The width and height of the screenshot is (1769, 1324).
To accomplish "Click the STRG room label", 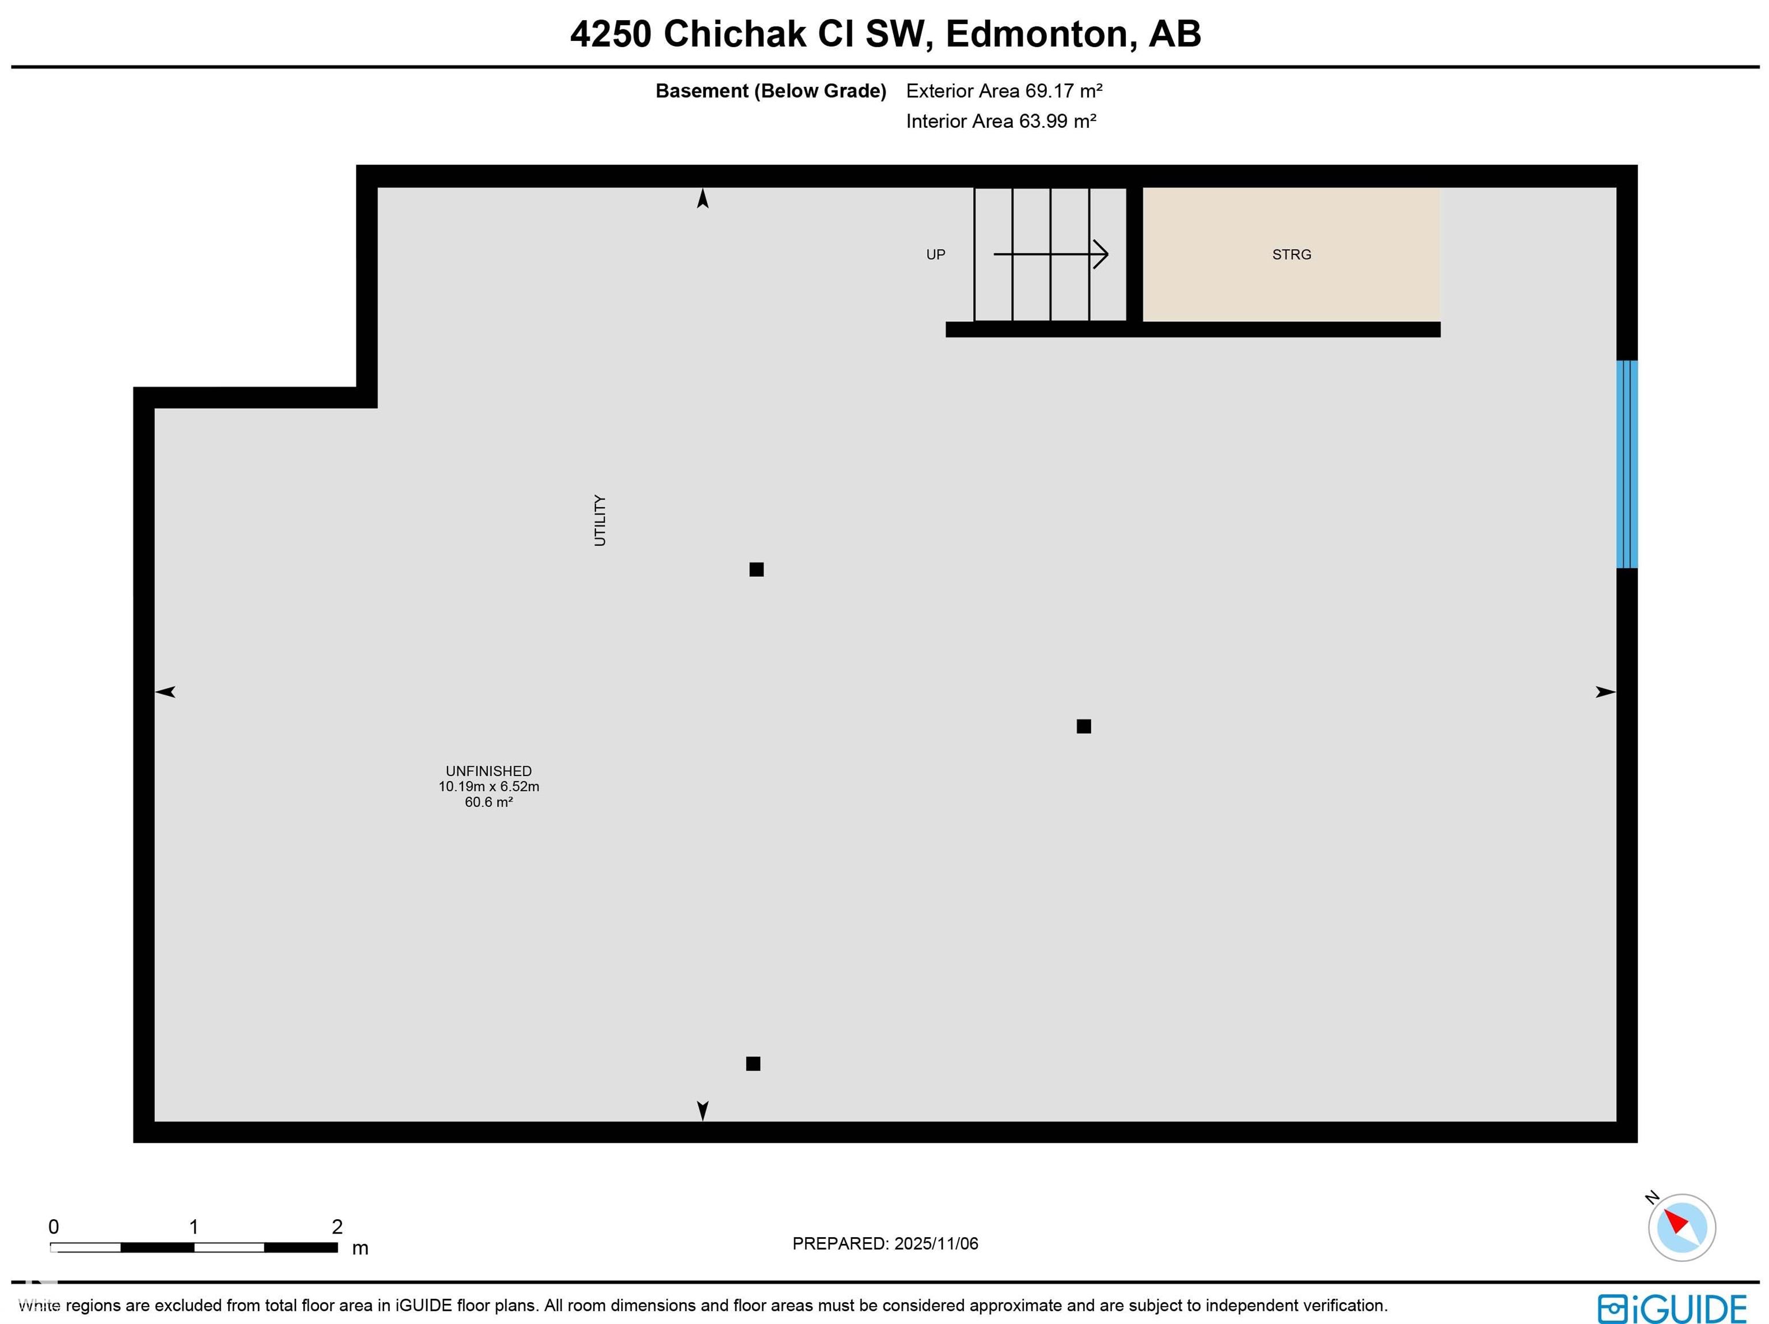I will click(x=1291, y=254).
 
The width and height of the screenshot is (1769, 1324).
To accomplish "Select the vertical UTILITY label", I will click(x=600, y=520).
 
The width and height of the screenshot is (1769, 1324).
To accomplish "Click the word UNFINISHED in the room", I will click(x=489, y=771).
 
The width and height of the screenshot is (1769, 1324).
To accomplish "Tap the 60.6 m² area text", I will click(x=489, y=802).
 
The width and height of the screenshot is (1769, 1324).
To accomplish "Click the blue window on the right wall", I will click(x=1627, y=464).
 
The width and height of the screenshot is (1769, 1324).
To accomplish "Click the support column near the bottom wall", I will click(x=753, y=1063).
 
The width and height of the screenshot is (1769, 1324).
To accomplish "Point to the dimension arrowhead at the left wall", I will click(x=165, y=691).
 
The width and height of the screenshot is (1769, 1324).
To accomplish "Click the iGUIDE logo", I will click(x=1672, y=1309).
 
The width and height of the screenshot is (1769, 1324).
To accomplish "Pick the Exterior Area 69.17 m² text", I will click(x=1004, y=91).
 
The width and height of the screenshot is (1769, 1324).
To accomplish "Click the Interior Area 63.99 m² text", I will click(x=1000, y=121).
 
